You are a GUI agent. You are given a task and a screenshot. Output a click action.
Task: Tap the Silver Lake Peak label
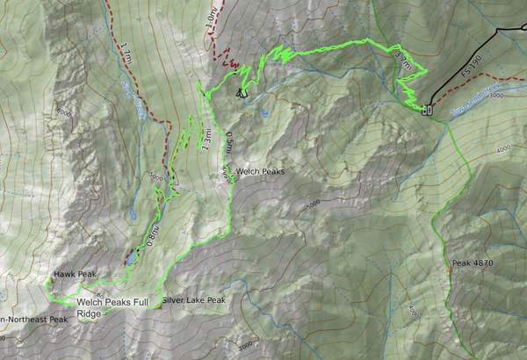click(194, 300)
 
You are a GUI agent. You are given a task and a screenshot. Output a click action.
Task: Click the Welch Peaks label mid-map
click(260, 173)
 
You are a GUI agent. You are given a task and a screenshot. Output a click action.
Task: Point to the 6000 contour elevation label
click(62, 113)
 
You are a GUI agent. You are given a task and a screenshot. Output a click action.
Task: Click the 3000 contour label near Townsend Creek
click(496, 95)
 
